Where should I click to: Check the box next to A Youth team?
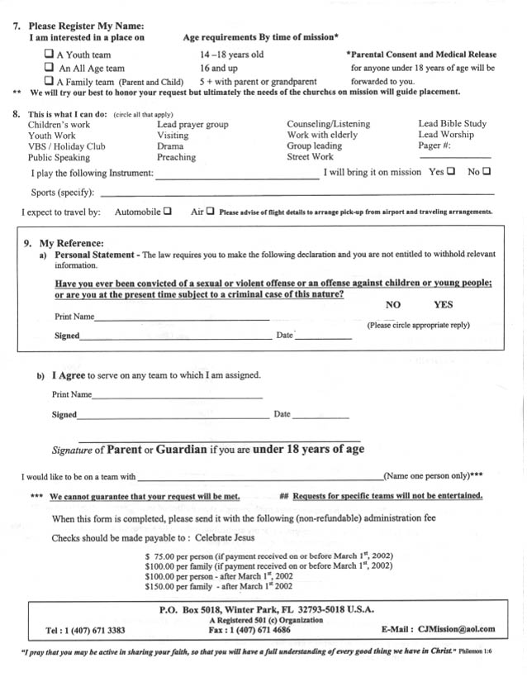point(49,54)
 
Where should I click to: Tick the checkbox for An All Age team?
point(49,68)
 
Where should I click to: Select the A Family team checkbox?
point(49,81)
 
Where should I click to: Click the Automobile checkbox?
point(168,211)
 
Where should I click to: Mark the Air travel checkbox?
point(210,211)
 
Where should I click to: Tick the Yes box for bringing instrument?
point(451,172)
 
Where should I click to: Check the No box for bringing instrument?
point(487,172)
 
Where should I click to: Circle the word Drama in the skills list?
point(170,146)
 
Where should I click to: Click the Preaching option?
point(176,157)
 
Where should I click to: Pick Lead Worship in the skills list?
point(446,135)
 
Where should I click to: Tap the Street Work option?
point(311,157)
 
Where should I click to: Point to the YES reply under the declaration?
point(444,304)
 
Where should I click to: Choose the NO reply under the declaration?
point(393,305)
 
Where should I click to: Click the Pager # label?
point(434,146)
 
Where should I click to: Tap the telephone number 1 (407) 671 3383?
point(93,630)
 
